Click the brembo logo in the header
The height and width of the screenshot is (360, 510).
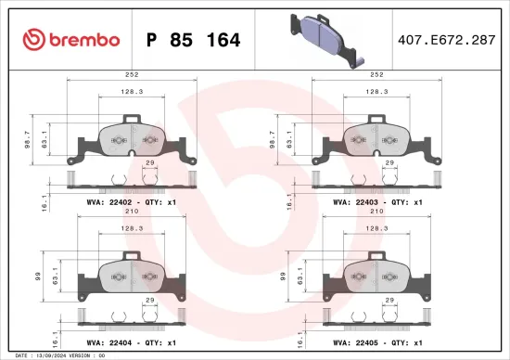(70, 40)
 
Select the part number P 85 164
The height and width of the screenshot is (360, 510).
(194, 40)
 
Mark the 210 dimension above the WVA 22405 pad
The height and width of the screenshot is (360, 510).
(376, 212)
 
